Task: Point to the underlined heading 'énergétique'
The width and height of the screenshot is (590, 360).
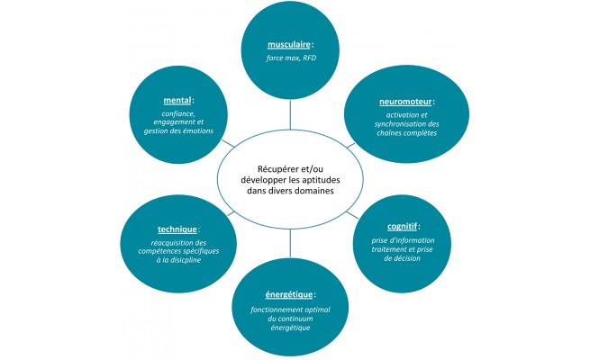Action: [x=287, y=294]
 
